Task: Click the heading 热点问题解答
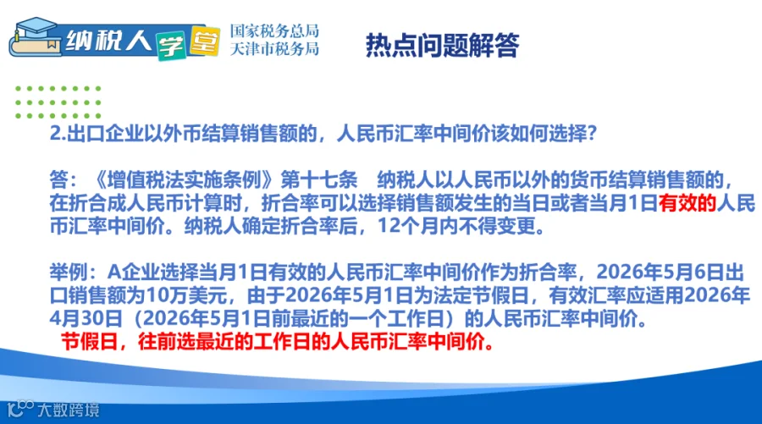442,45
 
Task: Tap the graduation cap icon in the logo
35,28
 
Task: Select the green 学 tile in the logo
171,47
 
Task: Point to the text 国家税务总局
274,30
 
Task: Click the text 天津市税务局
274,48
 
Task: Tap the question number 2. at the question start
58,133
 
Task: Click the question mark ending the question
592,133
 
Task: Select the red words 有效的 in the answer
687,203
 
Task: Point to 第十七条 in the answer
319,180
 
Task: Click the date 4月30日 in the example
86,318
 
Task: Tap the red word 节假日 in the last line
90,342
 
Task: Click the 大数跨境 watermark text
69,410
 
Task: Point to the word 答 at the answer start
58,180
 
